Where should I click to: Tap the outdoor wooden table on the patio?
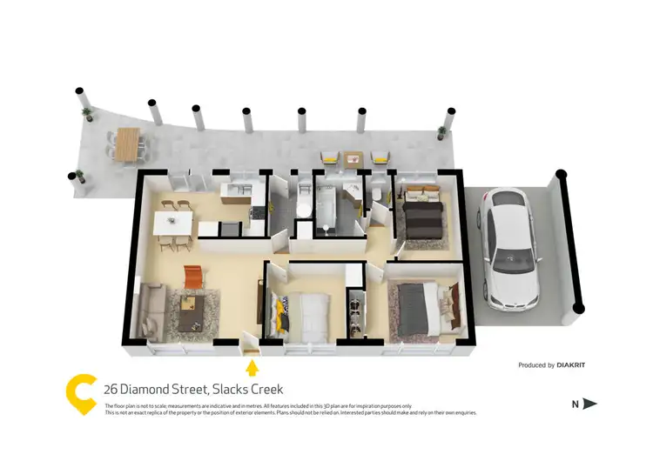(128, 144)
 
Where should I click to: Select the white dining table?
(173, 223)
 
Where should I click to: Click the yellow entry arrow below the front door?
(252, 367)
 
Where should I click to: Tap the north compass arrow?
(589, 404)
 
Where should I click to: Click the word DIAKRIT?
(571, 365)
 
